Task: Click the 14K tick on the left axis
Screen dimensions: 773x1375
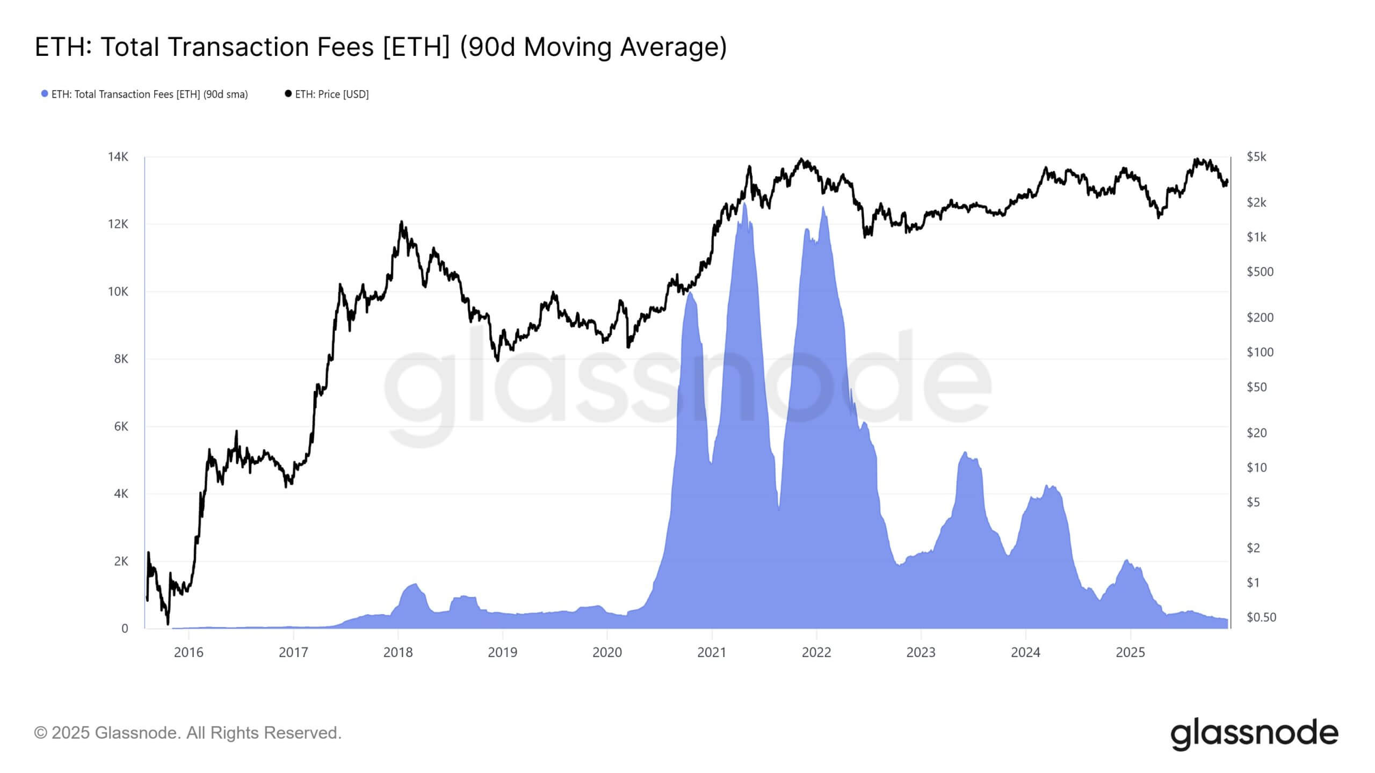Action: point(118,157)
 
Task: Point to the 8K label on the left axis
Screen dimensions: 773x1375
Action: point(121,359)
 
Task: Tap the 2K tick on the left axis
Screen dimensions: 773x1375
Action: point(121,561)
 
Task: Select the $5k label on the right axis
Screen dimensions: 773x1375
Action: point(1256,157)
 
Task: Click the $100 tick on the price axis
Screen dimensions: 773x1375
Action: point(1260,352)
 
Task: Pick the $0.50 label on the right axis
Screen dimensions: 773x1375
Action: point(1261,617)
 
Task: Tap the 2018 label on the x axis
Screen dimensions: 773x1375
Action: point(398,652)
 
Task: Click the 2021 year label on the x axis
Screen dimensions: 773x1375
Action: point(712,652)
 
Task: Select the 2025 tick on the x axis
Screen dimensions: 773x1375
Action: point(1130,652)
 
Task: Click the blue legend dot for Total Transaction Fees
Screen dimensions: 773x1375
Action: point(45,94)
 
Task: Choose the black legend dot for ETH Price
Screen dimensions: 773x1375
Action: point(288,94)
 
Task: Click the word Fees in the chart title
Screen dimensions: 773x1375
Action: point(345,47)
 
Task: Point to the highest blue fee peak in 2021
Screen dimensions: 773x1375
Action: point(744,204)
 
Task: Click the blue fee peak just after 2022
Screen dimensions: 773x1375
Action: point(823,208)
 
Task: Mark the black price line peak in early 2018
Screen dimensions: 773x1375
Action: point(401,222)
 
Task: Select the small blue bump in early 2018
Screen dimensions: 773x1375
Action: point(415,585)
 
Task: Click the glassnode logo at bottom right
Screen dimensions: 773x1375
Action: point(1254,733)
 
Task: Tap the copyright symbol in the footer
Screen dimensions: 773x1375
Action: point(40,733)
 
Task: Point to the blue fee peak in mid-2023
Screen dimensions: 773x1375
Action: point(965,453)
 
